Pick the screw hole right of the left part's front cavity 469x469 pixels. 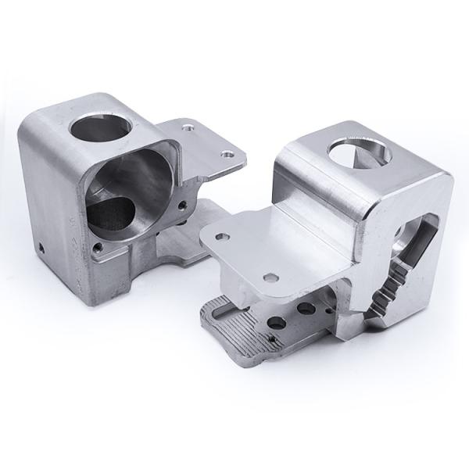click(x=182, y=206)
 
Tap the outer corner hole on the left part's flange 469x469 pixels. click(x=227, y=155)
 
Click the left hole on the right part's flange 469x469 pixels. click(x=223, y=232)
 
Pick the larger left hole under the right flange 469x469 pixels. click(x=274, y=322)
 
